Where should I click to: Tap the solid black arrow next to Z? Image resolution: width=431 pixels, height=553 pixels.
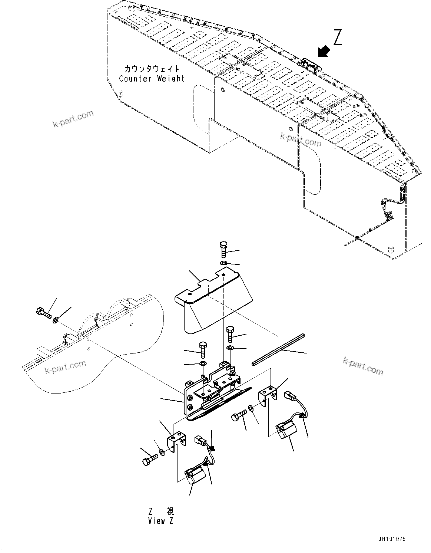pyautogui.click(x=324, y=52)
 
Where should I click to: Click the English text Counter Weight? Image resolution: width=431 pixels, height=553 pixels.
pyautogui.click(x=152, y=79)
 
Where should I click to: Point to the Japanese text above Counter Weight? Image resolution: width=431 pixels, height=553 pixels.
pyautogui.click(x=152, y=69)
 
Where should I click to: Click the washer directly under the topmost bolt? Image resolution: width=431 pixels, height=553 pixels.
pyautogui.click(x=223, y=263)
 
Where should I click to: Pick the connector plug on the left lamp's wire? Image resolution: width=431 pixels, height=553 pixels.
pyautogui.click(x=200, y=441)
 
